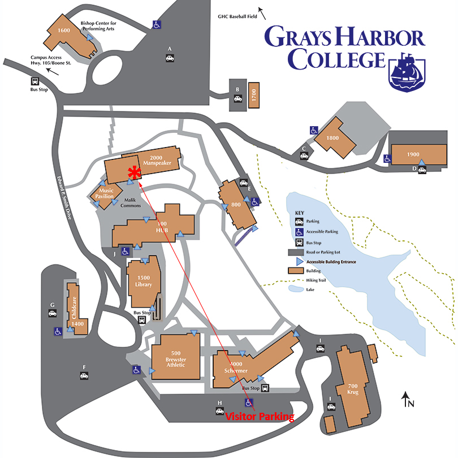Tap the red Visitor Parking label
coord(260,417)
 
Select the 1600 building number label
coord(63,31)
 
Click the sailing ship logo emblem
coord(407,70)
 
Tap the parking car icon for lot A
coord(169,57)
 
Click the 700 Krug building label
coord(354,387)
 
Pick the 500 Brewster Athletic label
coord(176,359)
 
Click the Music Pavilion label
coord(106,193)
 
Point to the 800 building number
coord(236,204)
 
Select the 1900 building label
coord(413,154)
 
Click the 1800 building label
coord(332,138)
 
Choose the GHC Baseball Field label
coord(237,16)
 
